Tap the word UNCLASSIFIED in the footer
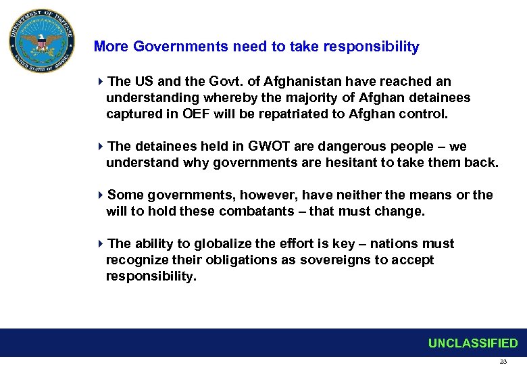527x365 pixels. tap(472, 343)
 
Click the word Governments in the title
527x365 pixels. tap(181, 47)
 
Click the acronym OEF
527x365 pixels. tap(197, 114)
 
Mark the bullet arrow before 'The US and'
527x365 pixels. tap(101, 82)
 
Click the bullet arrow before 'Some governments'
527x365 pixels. tap(101, 195)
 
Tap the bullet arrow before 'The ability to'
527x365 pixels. tap(101, 244)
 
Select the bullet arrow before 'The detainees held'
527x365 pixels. tap(101, 147)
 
